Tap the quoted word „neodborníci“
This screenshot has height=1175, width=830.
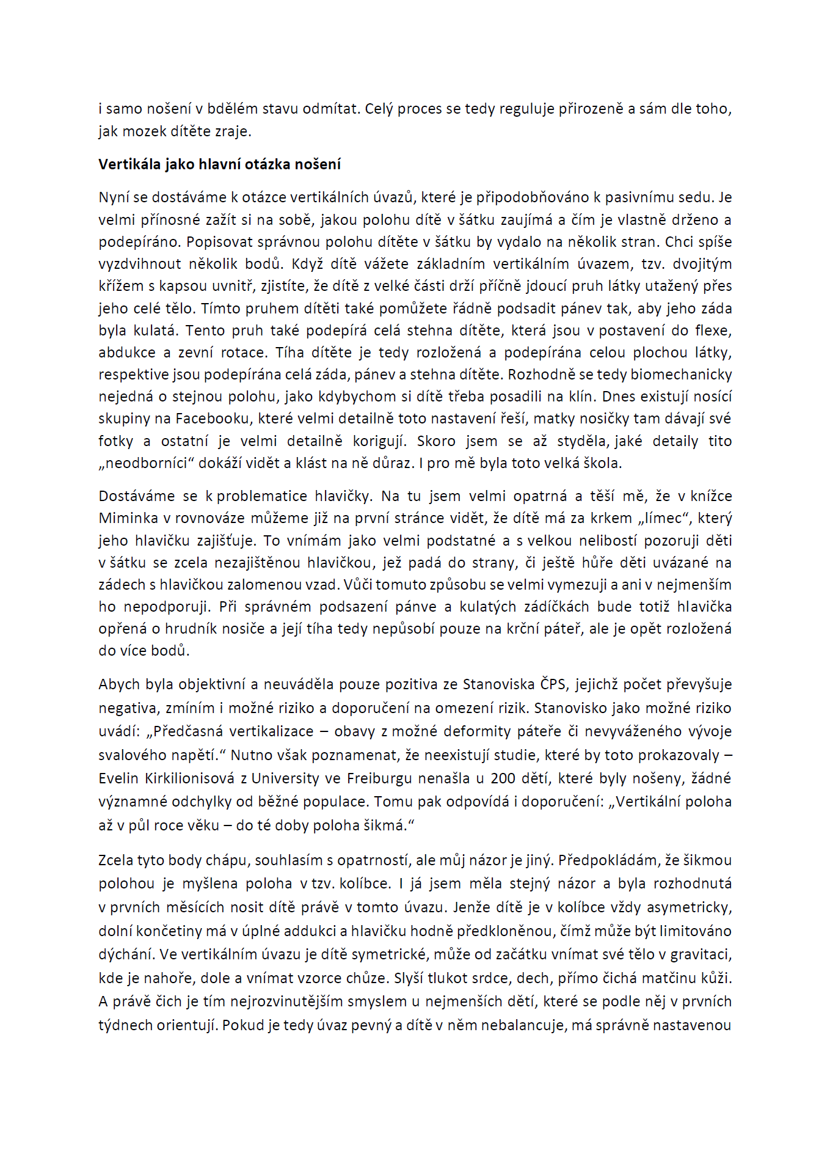(x=146, y=463)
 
